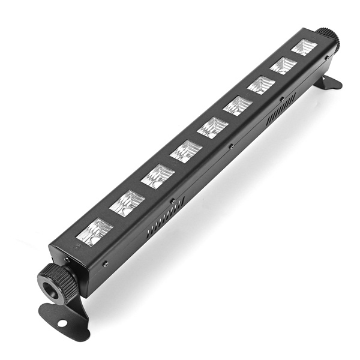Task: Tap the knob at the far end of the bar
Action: click(x=328, y=37)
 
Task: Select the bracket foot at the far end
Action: click(x=329, y=82)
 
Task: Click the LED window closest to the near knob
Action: click(x=95, y=231)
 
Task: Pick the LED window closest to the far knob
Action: click(x=304, y=47)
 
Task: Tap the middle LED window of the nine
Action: click(x=212, y=127)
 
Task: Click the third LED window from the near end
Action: click(x=158, y=176)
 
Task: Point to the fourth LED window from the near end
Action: click(x=185, y=151)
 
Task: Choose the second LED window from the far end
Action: click(x=283, y=65)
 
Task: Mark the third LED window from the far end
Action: click(x=261, y=85)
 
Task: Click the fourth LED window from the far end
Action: click(x=238, y=106)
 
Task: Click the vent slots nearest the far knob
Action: click(x=281, y=108)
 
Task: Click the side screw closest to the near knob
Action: click(x=105, y=263)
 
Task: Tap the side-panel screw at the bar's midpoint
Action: click(x=231, y=146)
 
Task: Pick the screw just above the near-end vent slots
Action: click(x=172, y=200)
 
